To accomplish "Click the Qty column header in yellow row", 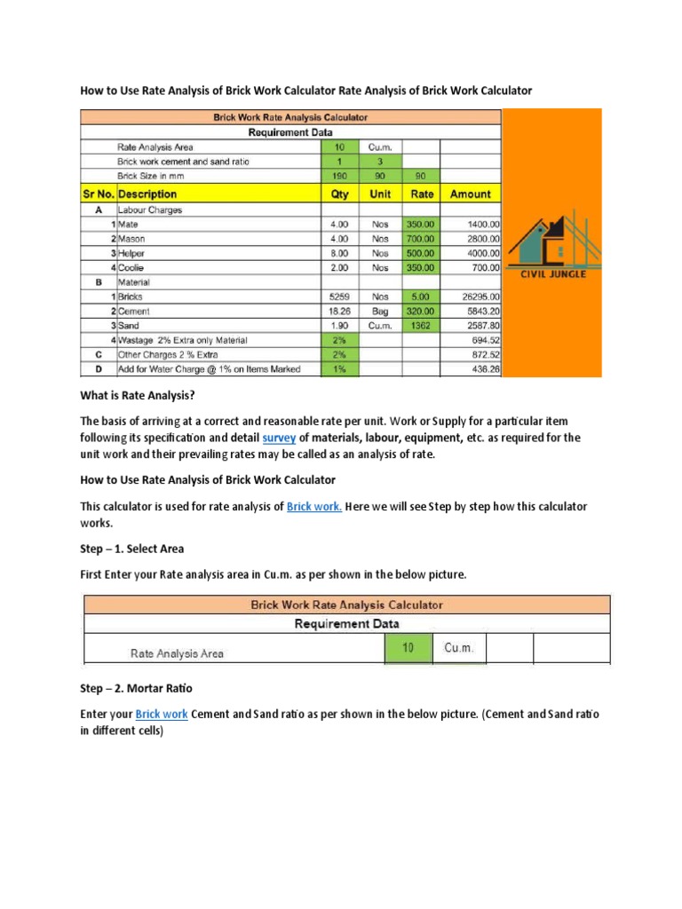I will (338, 194).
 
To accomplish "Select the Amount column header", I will (470, 194).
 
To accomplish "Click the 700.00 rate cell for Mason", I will (422, 239).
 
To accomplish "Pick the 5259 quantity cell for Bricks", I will (338, 296).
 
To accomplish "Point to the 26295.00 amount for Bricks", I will (477, 296).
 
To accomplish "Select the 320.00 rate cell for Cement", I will (422, 311).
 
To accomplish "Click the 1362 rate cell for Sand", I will (422, 326).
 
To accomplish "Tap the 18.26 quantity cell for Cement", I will (338, 311).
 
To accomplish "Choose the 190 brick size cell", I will (338, 176).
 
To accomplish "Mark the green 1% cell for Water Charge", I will (338, 368).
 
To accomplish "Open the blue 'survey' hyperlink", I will (279, 438).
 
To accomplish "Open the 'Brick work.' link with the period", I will (314, 506).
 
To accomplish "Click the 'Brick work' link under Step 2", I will (161, 714).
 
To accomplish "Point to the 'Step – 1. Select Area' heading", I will (132, 549).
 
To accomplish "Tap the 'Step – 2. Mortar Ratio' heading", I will (137, 688).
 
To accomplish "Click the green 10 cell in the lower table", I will (408, 648).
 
